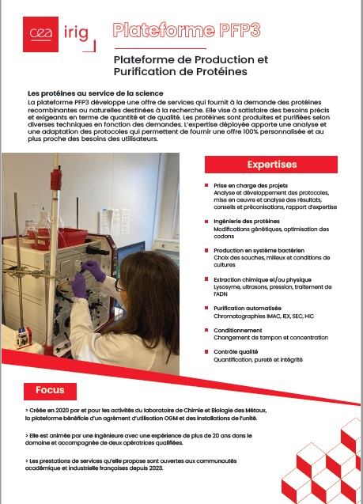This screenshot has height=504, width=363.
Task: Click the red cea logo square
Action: pyautogui.click(x=40, y=34)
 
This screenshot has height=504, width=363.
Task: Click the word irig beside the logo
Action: pyautogui.click(x=75, y=33)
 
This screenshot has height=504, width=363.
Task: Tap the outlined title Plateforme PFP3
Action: pyautogui.click(x=187, y=30)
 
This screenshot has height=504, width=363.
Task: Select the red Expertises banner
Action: pyautogui.click(x=271, y=165)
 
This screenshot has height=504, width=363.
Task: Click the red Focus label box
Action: pyautogui.click(x=50, y=391)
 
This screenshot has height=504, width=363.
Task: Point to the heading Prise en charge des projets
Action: pyautogui.click(x=251, y=185)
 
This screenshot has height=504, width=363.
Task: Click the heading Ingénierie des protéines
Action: pyautogui.click(x=247, y=222)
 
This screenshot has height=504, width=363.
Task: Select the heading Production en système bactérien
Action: pyautogui.click(x=259, y=250)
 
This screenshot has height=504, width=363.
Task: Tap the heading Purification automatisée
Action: pyautogui.click(x=248, y=308)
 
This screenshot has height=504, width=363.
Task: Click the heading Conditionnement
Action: pyautogui.click(x=238, y=330)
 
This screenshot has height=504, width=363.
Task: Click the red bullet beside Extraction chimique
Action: pyautogui.click(x=206, y=279)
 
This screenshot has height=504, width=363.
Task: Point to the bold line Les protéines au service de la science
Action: pyautogui.click(x=96, y=93)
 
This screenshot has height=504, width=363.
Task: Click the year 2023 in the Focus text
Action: pyautogui.click(x=156, y=468)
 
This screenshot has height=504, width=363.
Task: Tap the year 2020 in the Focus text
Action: pyautogui.click(x=62, y=411)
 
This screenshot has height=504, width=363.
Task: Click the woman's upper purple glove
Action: pyautogui.click(x=94, y=271)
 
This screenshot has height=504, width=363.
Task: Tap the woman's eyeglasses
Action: pyautogui.click(x=119, y=286)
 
